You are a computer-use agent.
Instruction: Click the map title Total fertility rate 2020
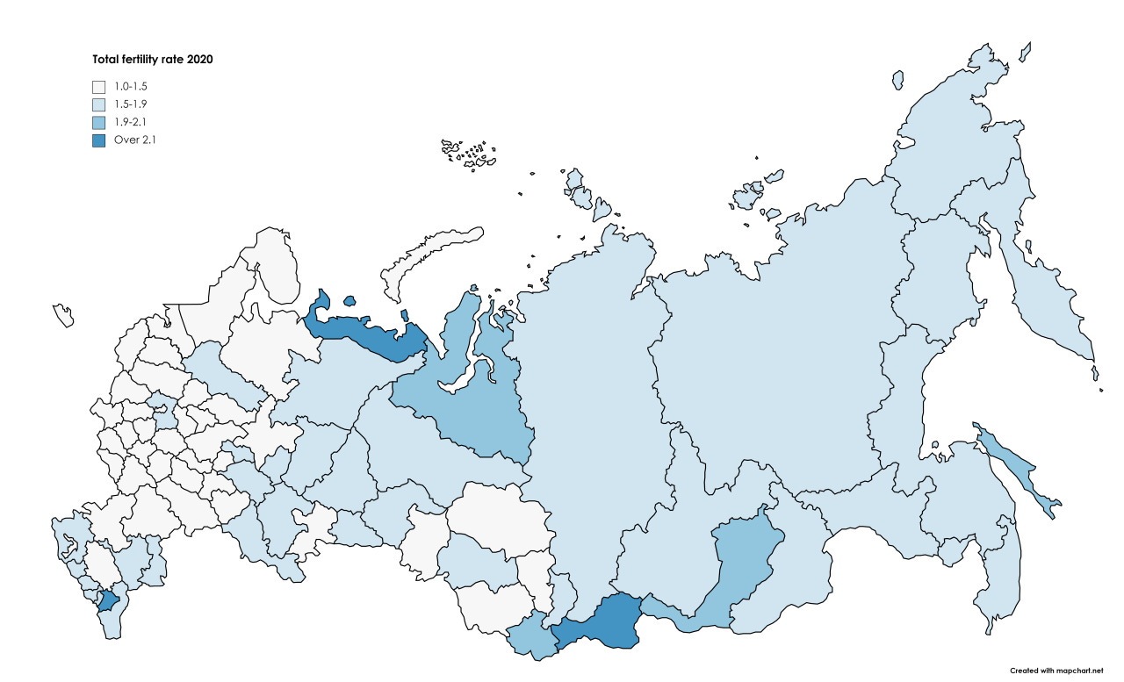click(154, 60)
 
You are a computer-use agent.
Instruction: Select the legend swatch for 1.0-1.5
click(99, 87)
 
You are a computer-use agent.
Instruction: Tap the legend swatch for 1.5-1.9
click(99, 104)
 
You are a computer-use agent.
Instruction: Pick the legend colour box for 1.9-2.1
click(99, 122)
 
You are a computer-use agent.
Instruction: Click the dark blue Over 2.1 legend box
click(99, 140)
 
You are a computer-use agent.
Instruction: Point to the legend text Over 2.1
click(135, 140)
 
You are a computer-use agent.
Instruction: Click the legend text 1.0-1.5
click(132, 87)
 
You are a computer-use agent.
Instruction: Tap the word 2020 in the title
click(200, 60)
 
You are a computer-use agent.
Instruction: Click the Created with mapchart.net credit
click(1055, 670)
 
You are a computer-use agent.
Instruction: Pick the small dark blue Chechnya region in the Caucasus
click(108, 601)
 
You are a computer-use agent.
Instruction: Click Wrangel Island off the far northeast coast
click(897, 80)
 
